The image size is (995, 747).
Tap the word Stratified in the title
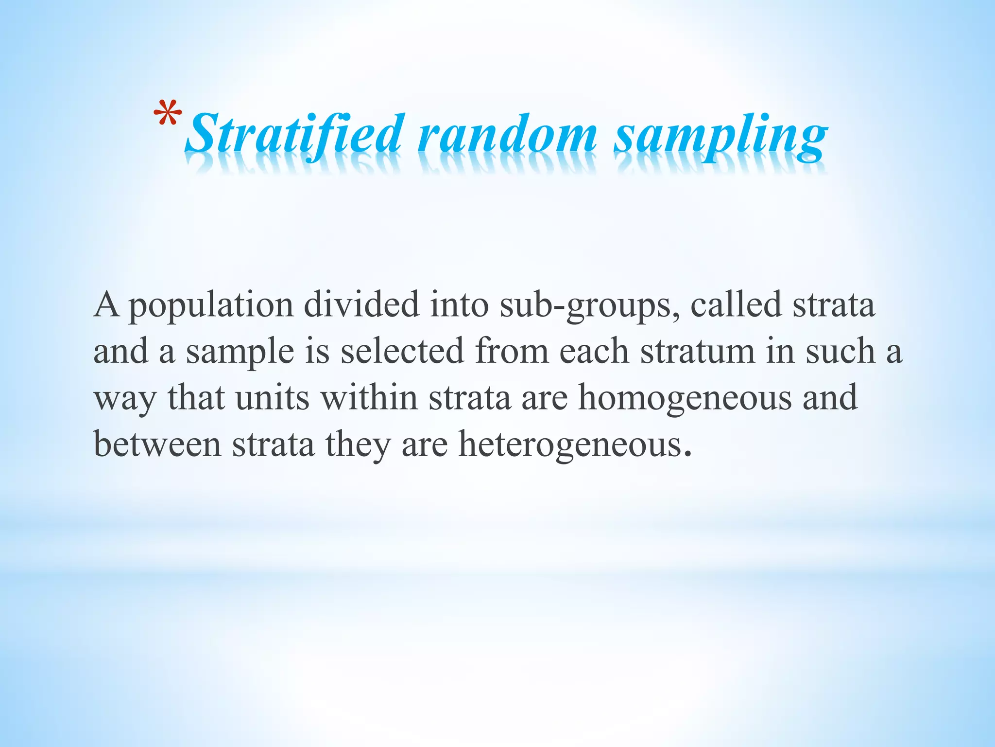[294, 134]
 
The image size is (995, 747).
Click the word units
[272, 398]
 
